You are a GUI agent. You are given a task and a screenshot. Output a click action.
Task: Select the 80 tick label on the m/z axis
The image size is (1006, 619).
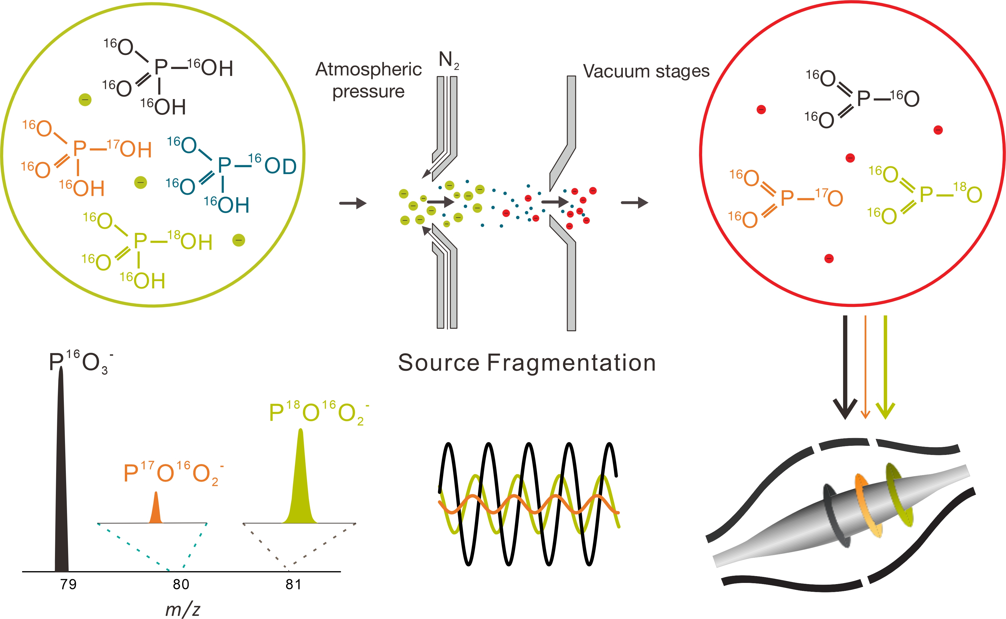181,584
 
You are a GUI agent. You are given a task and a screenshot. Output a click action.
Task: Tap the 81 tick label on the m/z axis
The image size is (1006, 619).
293,584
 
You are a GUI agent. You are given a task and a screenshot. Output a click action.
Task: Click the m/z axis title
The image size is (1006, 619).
183,609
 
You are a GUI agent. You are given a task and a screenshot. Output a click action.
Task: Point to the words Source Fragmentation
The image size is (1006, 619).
527,363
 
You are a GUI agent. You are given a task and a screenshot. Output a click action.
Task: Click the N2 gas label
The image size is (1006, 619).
449,60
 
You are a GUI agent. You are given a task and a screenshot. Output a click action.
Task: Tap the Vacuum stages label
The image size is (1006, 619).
646,71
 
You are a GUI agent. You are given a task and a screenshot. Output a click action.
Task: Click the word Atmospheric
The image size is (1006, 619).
369,70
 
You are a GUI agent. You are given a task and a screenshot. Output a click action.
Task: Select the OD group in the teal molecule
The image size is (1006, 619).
280,166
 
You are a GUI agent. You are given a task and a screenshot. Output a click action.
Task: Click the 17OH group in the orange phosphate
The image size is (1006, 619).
130,148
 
